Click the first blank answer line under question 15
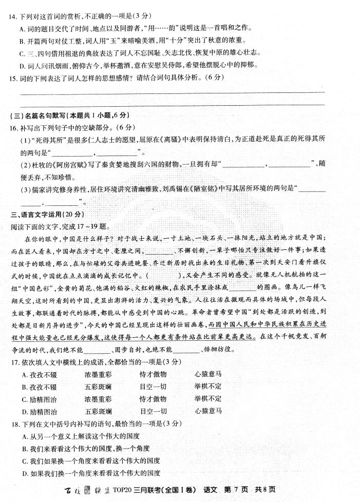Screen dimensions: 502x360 click(x=172, y=93)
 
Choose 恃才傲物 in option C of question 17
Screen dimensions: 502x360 click(x=153, y=399)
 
